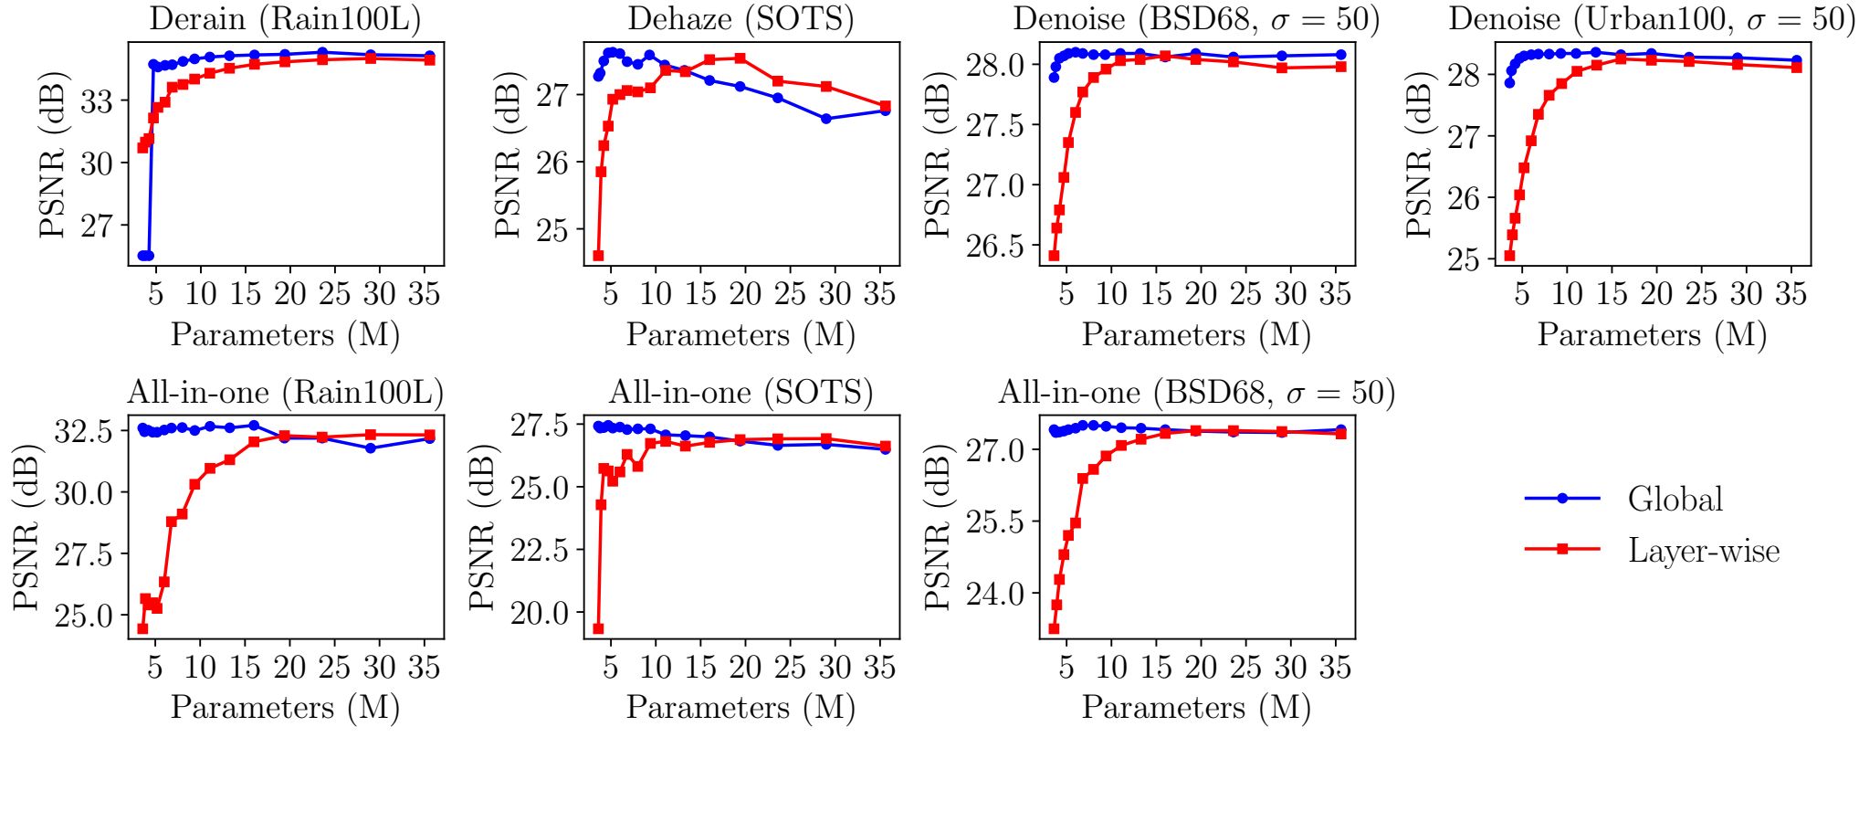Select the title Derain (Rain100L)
pos(285,19)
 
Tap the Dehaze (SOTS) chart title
pos(740,19)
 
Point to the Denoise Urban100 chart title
pos(1651,19)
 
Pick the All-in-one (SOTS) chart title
pos(740,393)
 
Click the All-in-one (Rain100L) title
pos(285,393)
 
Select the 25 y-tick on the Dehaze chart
pos(553,230)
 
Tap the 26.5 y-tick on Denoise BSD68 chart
pos(996,246)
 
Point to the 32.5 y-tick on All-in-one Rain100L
pos(83,430)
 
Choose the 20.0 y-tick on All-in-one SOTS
pos(539,613)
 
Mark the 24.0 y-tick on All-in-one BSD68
pos(996,594)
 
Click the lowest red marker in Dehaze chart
pos(598,256)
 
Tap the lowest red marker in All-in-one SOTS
pos(598,628)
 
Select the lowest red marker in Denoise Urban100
pos(1509,256)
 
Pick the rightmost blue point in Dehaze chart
pos(885,111)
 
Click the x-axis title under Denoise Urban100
pos(1651,335)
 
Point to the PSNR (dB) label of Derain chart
pos(53,153)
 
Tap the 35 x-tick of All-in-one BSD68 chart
pos(1335,668)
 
